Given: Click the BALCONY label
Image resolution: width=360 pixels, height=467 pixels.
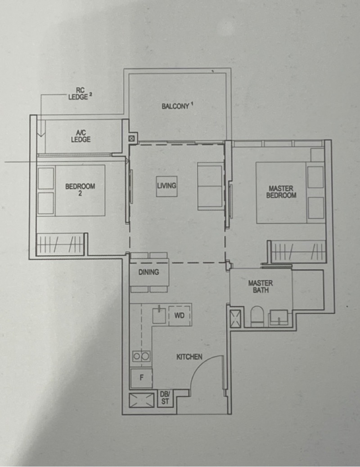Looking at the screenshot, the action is [x=175, y=106].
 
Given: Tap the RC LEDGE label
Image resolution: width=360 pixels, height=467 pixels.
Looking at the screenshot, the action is [x=79, y=94].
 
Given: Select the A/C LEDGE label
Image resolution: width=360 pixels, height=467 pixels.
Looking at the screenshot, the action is [x=81, y=136].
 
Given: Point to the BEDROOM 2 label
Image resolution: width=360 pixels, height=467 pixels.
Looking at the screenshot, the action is [x=80, y=190].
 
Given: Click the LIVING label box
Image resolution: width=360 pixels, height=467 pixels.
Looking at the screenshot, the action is [x=166, y=186].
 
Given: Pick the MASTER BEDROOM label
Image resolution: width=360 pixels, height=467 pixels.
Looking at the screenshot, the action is [x=281, y=192].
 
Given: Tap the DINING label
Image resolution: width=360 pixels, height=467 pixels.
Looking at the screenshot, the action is [x=148, y=272].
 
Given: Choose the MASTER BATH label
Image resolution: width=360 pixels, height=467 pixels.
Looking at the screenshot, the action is [x=260, y=287].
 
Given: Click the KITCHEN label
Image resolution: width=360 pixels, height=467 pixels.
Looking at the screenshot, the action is [x=189, y=356].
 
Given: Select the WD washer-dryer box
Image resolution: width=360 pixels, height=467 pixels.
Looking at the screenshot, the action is [x=180, y=315].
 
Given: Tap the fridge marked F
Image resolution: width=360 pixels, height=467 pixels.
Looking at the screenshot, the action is [x=141, y=378].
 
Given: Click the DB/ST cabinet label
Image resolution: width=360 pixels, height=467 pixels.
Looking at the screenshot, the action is [x=165, y=398].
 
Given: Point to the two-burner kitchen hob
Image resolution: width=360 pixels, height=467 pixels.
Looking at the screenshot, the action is [x=141, y=356].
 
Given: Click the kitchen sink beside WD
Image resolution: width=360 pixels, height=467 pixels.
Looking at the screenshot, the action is [x=159, y=315].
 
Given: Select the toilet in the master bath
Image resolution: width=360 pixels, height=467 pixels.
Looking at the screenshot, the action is [x=257, y=316].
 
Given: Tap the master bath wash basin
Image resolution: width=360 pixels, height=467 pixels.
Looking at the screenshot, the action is [x=279, y=318].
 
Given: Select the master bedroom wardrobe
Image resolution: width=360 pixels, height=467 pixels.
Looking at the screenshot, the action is [x=298, y=252].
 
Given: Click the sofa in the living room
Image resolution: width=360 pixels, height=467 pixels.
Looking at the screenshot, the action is [x=211, y=186].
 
